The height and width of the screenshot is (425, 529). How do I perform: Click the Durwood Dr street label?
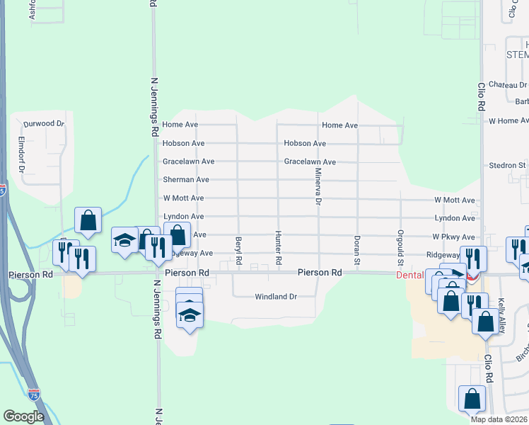44,123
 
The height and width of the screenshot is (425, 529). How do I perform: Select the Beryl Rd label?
239,251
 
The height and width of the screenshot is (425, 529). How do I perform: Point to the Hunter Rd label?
279,249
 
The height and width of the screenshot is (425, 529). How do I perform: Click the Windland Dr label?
277,297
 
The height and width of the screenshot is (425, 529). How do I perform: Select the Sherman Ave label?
186,180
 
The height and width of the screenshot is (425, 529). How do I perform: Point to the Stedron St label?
507,166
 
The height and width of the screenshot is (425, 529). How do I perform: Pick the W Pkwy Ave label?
454,237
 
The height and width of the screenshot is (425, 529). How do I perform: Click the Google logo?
23,416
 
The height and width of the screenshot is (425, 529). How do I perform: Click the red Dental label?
409,275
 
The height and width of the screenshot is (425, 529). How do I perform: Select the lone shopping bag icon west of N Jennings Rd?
88,221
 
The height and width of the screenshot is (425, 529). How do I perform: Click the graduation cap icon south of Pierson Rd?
190,314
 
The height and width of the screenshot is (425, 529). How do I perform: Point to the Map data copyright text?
499,419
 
